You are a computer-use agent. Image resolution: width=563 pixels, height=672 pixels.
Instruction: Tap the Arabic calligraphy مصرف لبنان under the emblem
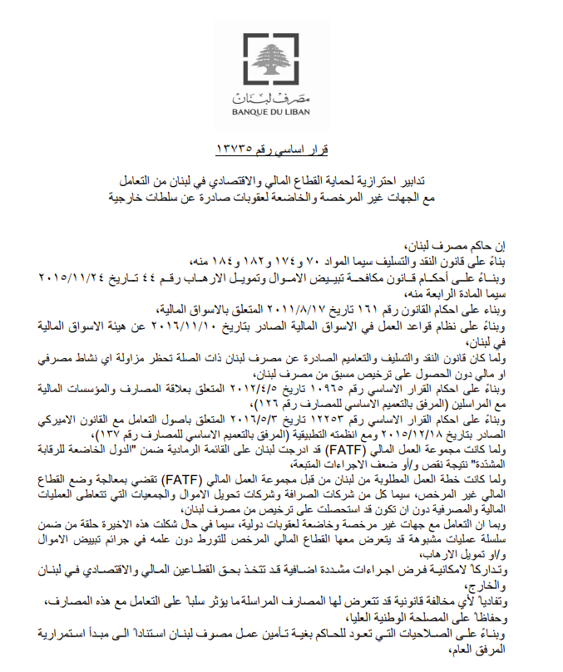click(281, 92)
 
